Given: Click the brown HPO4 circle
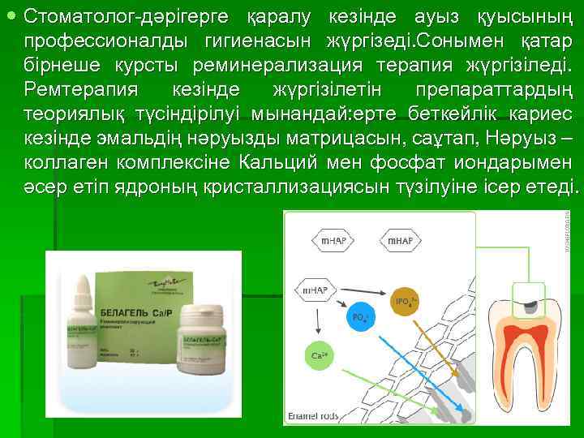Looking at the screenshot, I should [405, 301].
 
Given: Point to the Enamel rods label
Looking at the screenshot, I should [310, 416].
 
